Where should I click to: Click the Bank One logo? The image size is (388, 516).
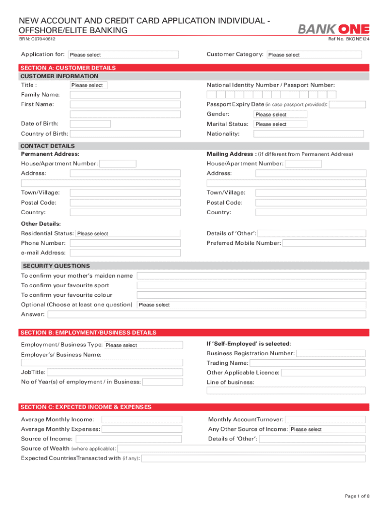tap(334, 29)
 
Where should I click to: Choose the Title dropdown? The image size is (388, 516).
tap(88, 85)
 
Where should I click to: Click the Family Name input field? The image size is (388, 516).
tap(125, 95)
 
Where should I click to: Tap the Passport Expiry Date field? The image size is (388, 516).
tap(348, 104)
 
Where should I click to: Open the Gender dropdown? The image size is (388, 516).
tap(280, 114)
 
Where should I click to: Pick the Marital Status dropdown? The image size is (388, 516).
tap(280, 124)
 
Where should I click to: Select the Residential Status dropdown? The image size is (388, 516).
tap(128, 233)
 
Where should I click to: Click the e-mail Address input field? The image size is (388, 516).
tap(125, 252)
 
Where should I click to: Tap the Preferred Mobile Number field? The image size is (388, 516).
tap(324, 243)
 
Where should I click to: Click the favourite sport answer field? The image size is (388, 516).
tap(251, 285)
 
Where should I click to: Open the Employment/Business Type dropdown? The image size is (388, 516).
tap(144, 345)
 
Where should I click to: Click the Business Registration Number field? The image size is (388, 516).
tap(331, 353)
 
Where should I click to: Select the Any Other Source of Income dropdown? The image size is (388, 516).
tap(327, 429)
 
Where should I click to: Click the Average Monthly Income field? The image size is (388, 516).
tap(142, 420)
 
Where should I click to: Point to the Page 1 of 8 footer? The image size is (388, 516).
tap(357, 496)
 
